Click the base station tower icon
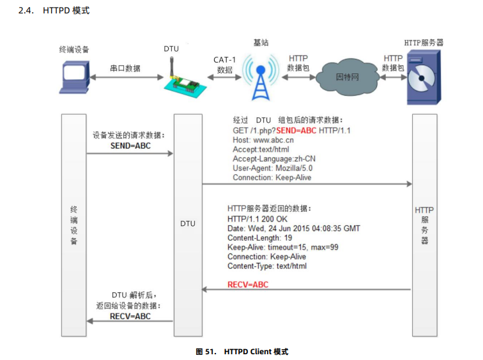pyautogui.click(x=261, y=78)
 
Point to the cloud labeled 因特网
pyautogui.click(x=347, y=76)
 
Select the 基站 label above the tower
pyautogui.click(x=261, y=43)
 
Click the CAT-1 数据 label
pyautogui.click(x=225, y=64)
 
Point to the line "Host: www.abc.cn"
pyautogui.click(x=263, y=140)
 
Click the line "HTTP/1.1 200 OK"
pyautogui.click(x=257, y=219)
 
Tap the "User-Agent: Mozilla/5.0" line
pyautogui.click(x=272, y=168)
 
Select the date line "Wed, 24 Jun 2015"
pyautogui.click(x=293, y=229)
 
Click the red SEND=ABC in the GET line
pyautogui.click(x=296, y=130)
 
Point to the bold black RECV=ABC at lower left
pyautogui.click(x=130, y=316)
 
